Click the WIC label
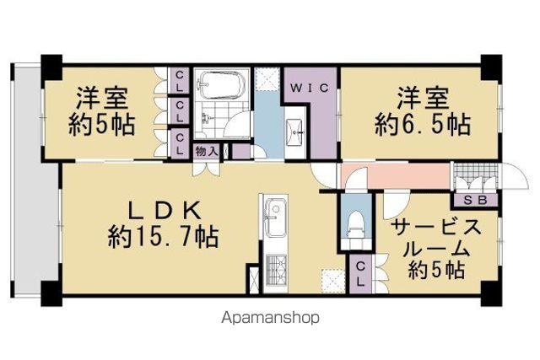click(310, 88)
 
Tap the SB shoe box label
click(475, 201)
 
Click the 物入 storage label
click(206, 151)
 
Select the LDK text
click(165, 211)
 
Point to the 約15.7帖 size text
click(163, 237)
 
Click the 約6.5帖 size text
click(423, 126)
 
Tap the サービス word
click(435, 228)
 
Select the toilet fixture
click(356, 223)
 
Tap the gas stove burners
click(275, 268)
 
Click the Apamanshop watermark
click(270, 318)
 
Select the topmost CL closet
click(179, 80)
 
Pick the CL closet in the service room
click(360, 274)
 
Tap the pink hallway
click(395, 176)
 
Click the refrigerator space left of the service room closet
click(333, 281)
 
